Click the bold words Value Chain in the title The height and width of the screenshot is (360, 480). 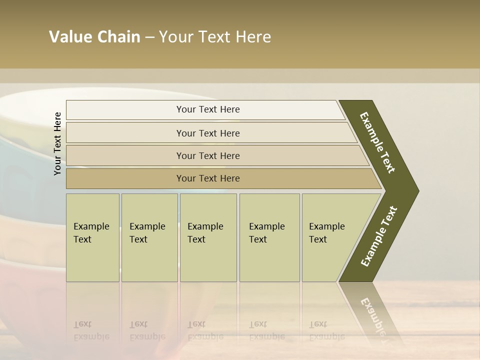(94, 37)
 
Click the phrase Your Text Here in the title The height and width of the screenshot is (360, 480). (215, 37)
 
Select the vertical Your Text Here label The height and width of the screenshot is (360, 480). (57, 143)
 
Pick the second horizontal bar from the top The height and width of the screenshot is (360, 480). (208, 133)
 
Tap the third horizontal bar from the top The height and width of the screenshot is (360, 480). (208, 155)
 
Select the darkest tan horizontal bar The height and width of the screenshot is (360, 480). (208, 178)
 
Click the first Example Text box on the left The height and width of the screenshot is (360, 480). (92, 237)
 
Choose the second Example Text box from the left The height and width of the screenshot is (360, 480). (149, 237)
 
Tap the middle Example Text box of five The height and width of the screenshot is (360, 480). (208, 237)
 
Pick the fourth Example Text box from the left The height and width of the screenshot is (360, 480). (269, 237)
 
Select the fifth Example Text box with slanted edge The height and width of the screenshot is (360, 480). (330, 237)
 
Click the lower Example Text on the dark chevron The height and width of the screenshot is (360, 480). (379, 236)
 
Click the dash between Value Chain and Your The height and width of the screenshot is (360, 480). (149, 37)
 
